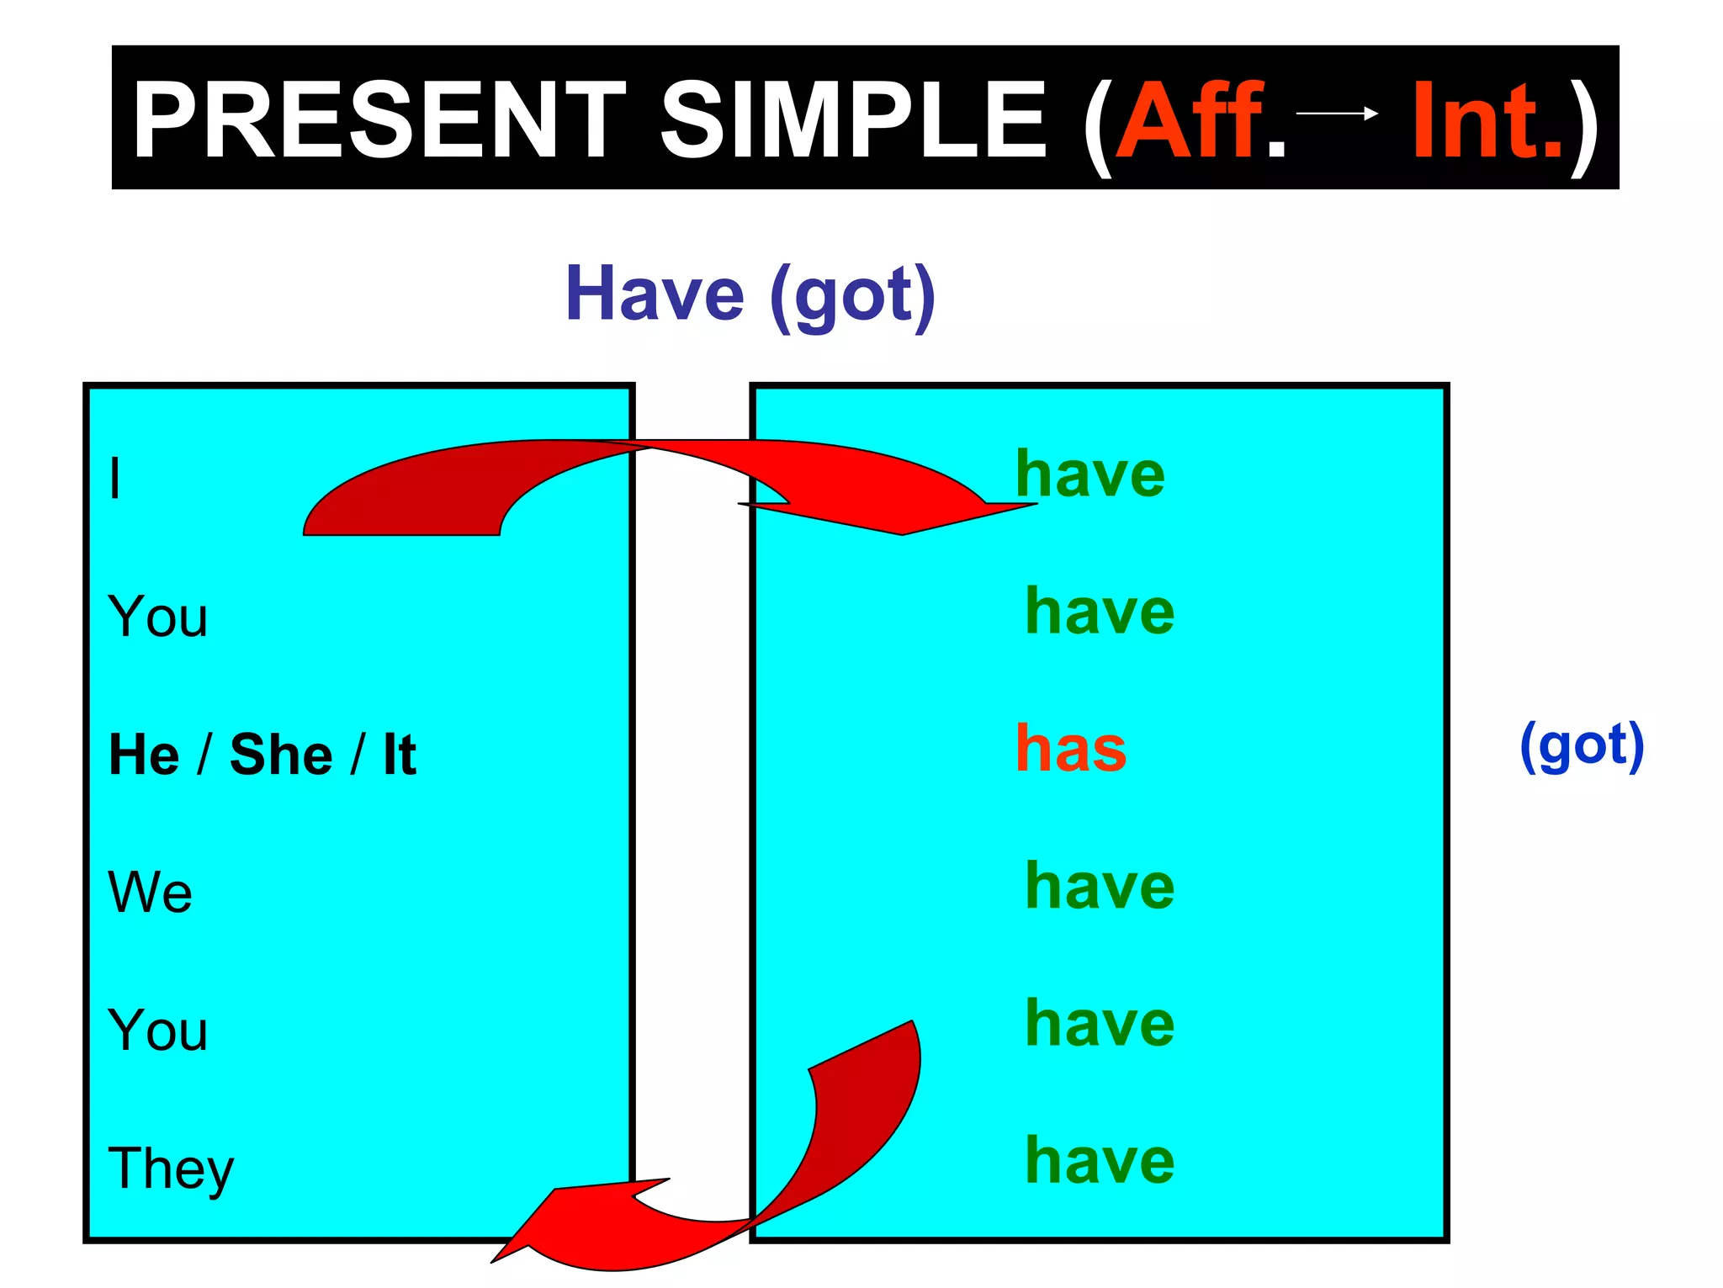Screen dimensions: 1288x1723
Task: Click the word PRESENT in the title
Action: [379, 119]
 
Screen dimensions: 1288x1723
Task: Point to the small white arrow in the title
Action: [1337, 113]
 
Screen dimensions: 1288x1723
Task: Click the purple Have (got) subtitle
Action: [750, 294]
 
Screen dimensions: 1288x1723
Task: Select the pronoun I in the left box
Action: [115, 479]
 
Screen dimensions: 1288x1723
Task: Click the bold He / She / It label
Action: [262, 754]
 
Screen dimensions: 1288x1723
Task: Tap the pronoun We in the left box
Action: [150, 892]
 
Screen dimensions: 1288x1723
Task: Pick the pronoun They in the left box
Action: [171, 1169]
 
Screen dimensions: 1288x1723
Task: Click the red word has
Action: [1070, 748]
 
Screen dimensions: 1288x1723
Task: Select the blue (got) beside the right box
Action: [1582, 745]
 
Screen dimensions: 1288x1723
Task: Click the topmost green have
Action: [1090, 474]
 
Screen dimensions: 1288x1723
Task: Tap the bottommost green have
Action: [1100, 1160]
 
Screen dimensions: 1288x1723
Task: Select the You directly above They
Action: [157, 1030]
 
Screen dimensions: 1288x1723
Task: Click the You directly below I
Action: [157, 616]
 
